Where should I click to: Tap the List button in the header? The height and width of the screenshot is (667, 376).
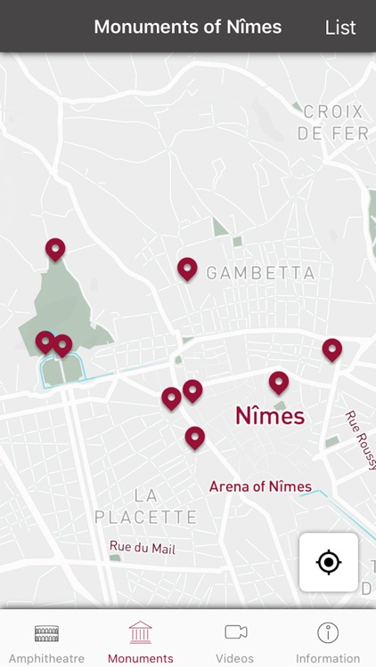[339, 27]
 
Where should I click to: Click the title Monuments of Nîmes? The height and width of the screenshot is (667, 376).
[187, 27]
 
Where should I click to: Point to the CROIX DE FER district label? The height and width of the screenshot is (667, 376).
[332, 123]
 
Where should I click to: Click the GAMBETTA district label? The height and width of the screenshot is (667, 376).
[260, 274]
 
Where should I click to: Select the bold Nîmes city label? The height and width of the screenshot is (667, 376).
[269, 415]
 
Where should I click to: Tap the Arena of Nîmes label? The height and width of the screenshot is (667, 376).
[260, 486]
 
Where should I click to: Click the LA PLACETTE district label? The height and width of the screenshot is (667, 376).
[145, 506]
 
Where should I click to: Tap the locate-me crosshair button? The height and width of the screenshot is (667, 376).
[329, 562]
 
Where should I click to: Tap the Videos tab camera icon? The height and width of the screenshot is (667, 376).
[235, 632]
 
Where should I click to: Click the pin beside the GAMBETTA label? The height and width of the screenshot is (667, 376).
[187, 267]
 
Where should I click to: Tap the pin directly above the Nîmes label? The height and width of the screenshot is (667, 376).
[279, 382]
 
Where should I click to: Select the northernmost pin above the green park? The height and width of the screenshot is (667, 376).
[55, 248]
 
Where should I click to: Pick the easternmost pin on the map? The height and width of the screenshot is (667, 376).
[332, 349]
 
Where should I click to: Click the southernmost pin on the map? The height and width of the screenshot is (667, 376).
[194, 436]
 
